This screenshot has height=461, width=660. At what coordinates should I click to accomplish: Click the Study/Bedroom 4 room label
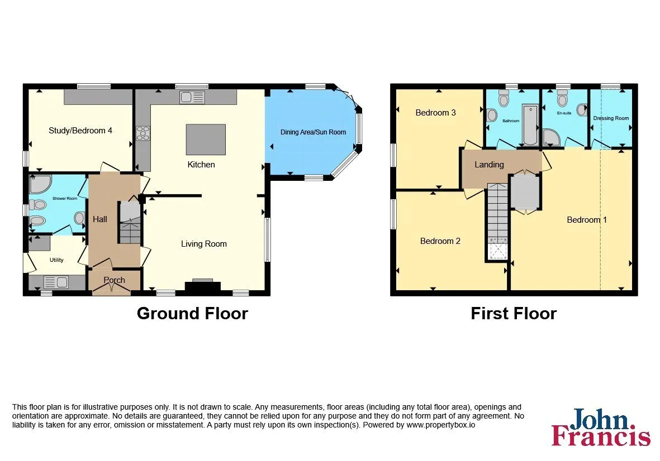[x=80, y=131]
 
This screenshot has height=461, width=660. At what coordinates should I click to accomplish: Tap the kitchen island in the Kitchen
[x=206, y=140]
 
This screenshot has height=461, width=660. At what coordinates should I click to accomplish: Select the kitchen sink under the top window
[x=192, y=98]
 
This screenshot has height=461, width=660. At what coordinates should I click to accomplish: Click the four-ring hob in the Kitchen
[x=143, y=133]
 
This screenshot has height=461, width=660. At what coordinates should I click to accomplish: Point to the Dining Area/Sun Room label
[x=313, y=132]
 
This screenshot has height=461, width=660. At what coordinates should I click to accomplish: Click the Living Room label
[x=204, y=244]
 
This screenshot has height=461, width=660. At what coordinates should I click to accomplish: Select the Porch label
[x=114, y=280]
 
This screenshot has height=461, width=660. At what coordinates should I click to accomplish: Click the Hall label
[x=100, y=219]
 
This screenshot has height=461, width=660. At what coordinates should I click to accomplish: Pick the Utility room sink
[x=56, y=282]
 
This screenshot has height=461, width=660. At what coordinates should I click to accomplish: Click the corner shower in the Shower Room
[x=40, y=183]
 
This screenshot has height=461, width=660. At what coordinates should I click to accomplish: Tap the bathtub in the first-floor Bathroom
[x=530, y=125]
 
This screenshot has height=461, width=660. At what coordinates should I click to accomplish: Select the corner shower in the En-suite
[x=551, y=137]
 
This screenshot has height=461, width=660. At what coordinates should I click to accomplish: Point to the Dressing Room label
[x=611, y=118]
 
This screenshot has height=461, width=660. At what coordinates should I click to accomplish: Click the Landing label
[x=489, y=165]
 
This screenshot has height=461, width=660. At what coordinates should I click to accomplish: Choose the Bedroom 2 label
[x=440, y=241]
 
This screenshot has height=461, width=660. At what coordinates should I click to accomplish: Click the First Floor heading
[x=514, y=314]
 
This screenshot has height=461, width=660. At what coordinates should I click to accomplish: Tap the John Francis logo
[x=601, y=427]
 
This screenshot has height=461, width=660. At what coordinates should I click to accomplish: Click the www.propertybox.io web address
[x=441, y=425]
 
